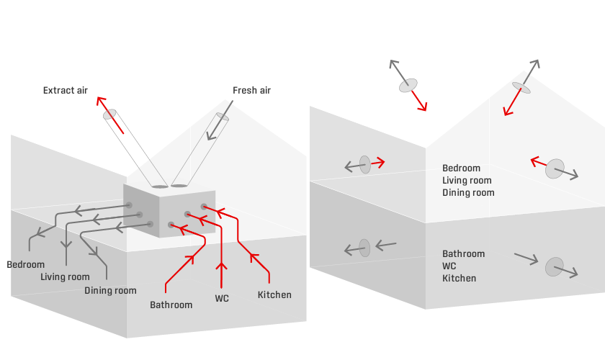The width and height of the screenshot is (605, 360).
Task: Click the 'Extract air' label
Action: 65,91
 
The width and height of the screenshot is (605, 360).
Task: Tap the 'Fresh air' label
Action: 251,91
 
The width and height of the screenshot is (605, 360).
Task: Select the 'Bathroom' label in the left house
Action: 171,305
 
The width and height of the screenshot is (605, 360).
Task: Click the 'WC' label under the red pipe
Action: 222,298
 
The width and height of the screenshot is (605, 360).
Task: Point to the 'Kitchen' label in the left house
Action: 274,294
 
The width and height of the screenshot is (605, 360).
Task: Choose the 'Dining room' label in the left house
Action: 110,291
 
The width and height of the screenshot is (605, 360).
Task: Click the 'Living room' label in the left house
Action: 65,277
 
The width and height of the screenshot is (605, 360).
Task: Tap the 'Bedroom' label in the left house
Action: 26,264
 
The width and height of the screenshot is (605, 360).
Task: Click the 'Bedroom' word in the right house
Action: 461,168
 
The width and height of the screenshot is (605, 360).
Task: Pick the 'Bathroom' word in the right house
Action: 463,254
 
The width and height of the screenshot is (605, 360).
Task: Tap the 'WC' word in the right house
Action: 450,266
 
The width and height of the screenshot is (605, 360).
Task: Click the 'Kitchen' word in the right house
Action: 459,279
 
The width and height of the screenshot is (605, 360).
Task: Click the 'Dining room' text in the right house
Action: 468,193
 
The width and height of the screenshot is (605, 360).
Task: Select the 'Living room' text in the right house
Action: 467,181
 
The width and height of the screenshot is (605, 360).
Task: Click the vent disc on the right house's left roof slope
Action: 408,85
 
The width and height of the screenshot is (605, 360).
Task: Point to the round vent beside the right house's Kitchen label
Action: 554,266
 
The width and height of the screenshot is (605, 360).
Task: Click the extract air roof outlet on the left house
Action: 109,114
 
